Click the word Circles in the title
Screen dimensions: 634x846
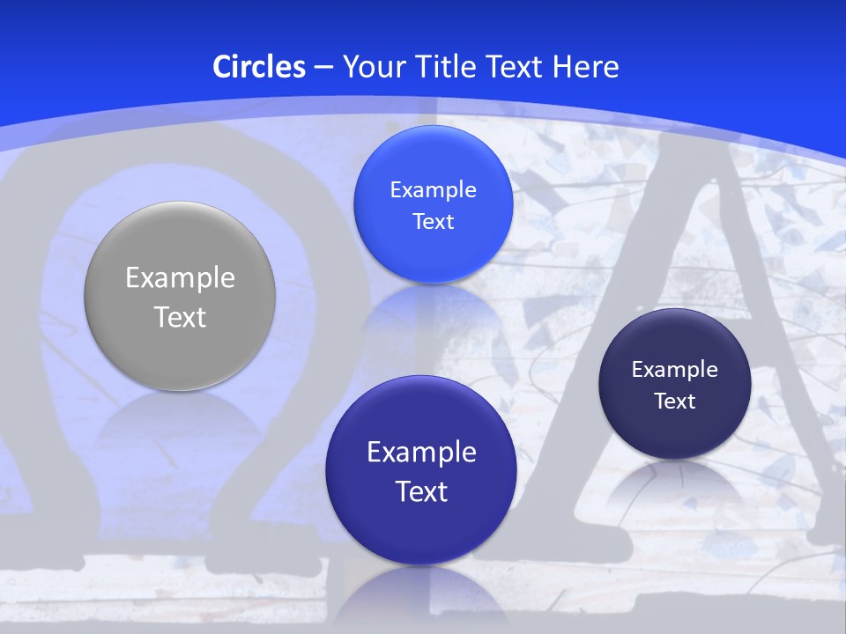point(259,67)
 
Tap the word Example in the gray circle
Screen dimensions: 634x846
point(180,278)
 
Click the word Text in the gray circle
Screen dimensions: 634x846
point(180,317)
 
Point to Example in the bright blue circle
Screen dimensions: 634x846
point(433,190)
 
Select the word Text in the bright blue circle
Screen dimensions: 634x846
point(433,222)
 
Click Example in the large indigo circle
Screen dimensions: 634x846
point(421,453)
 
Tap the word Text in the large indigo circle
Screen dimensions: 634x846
point(421,491)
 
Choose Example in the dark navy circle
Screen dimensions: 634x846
point(674,370)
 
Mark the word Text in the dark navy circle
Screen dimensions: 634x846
point(674,402)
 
